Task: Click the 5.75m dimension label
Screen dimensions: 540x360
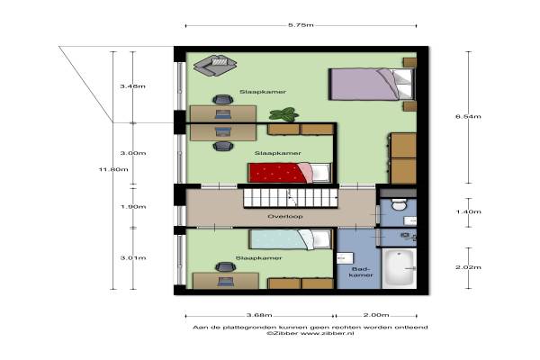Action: tap(301, 25)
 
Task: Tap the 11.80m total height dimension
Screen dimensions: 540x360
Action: tap(113, 169)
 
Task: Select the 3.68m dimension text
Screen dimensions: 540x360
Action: tap(259, 315)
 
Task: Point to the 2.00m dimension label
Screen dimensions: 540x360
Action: tap(376, 315)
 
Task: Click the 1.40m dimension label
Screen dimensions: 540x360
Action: tap(468, 211)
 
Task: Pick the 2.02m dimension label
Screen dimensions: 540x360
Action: tap(468, 267)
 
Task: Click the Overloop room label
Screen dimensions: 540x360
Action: tap(285, 216)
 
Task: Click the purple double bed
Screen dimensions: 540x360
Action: tap(371, 85)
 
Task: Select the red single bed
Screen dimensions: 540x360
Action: tap(290, 173)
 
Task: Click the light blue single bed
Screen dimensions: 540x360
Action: tap(291, 239)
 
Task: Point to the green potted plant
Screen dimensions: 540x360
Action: tap(283, 114)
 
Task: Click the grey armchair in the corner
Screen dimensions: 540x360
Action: tap(215, 65)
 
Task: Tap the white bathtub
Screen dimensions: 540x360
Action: tap(399, 268)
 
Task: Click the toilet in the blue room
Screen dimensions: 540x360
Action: tap(399, 205)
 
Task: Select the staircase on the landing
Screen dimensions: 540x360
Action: tap(291, 198)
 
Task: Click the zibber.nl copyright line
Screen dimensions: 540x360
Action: tap(310, 334)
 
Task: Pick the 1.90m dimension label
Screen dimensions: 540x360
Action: tap(133, 207)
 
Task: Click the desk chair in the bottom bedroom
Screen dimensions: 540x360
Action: tap(225, 267)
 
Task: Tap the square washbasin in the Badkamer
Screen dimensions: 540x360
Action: tap(345, 257)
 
